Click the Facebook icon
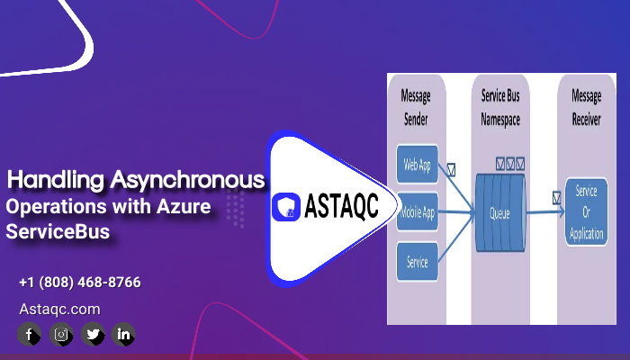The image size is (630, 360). click(x=29, y=335)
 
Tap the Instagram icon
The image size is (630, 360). click(x=60, y=335)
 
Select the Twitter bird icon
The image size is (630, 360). click(x=92, y=335)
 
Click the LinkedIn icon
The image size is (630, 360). click(x=123, y=335)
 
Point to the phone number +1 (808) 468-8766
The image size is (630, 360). click(x=79, y=283)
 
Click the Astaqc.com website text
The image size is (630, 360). click(x=59, y=309)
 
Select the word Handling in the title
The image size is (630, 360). click(x=56, y=180)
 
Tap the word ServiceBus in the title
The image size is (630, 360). click(x=58, y=231)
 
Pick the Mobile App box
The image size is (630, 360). click(x=417, y=213)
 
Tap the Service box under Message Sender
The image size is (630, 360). click(x=417, y=263)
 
